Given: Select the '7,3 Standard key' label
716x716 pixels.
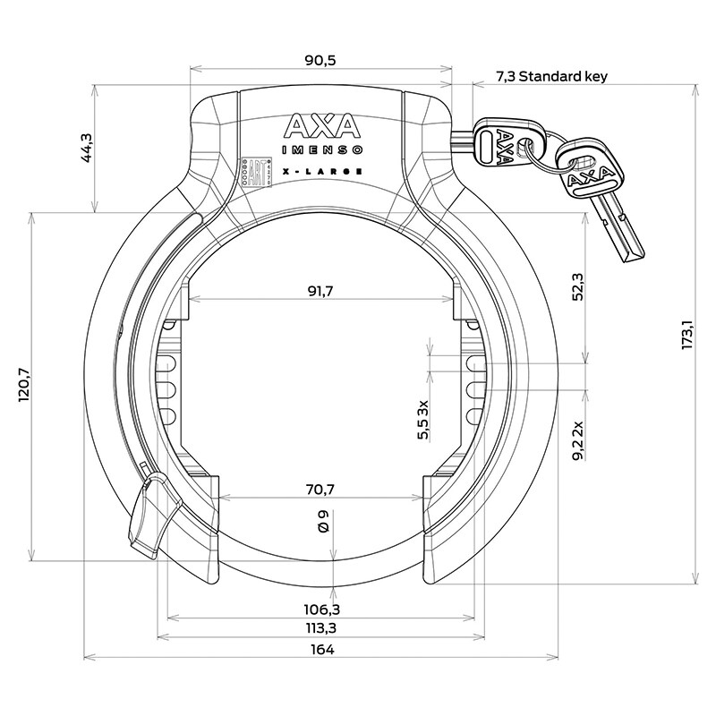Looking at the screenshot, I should click(551, 77).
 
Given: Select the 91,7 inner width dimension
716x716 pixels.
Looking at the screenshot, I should click(322, 291).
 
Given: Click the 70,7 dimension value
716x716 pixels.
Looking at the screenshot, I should click(320, 488).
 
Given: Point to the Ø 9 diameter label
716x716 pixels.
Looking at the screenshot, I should click(323, 522).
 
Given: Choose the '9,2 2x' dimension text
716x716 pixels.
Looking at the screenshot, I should click(578, 439).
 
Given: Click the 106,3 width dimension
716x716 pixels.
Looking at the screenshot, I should click(320, 609).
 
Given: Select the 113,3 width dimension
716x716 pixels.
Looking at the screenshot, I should click(320, 627).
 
